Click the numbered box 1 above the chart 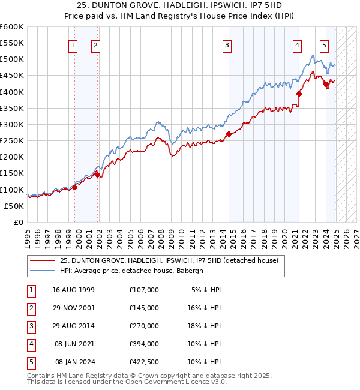click(x=73, y=44)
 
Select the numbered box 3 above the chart click(x=227, y=44)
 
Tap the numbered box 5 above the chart click(x=324, y=44)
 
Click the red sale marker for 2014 click(x=229, y=134)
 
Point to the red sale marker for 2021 click(x=299, y=94)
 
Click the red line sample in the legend click(x=41, y=261)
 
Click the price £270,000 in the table click(x=144, y=326)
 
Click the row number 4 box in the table click(x=31, y=344)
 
